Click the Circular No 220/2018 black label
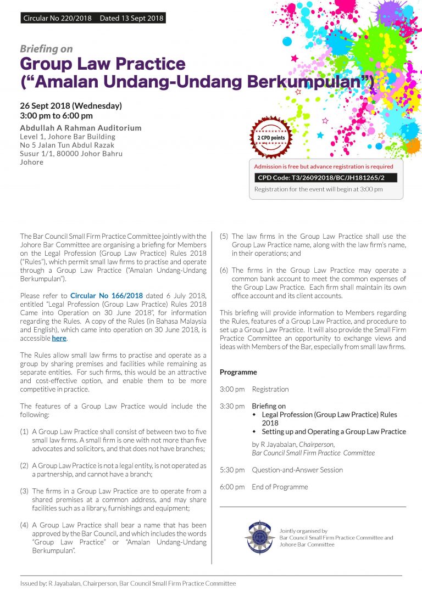pos(93,18)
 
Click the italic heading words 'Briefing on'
pos(46,49)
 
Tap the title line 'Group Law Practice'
pos(102,64)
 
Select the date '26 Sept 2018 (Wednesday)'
pos(71,105)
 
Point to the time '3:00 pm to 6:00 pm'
pos(56,116)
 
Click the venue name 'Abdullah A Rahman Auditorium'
pos(81,128)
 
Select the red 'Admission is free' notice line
pos(324,166)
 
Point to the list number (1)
pos(24,432)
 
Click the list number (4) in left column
pos(24,525)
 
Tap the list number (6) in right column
pos(224,271)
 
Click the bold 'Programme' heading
pos(238,372)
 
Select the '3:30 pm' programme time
pos(232,406)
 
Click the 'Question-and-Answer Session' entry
pos(297,470)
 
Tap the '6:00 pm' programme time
pos(232,487)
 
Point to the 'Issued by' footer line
pos(128,583)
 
